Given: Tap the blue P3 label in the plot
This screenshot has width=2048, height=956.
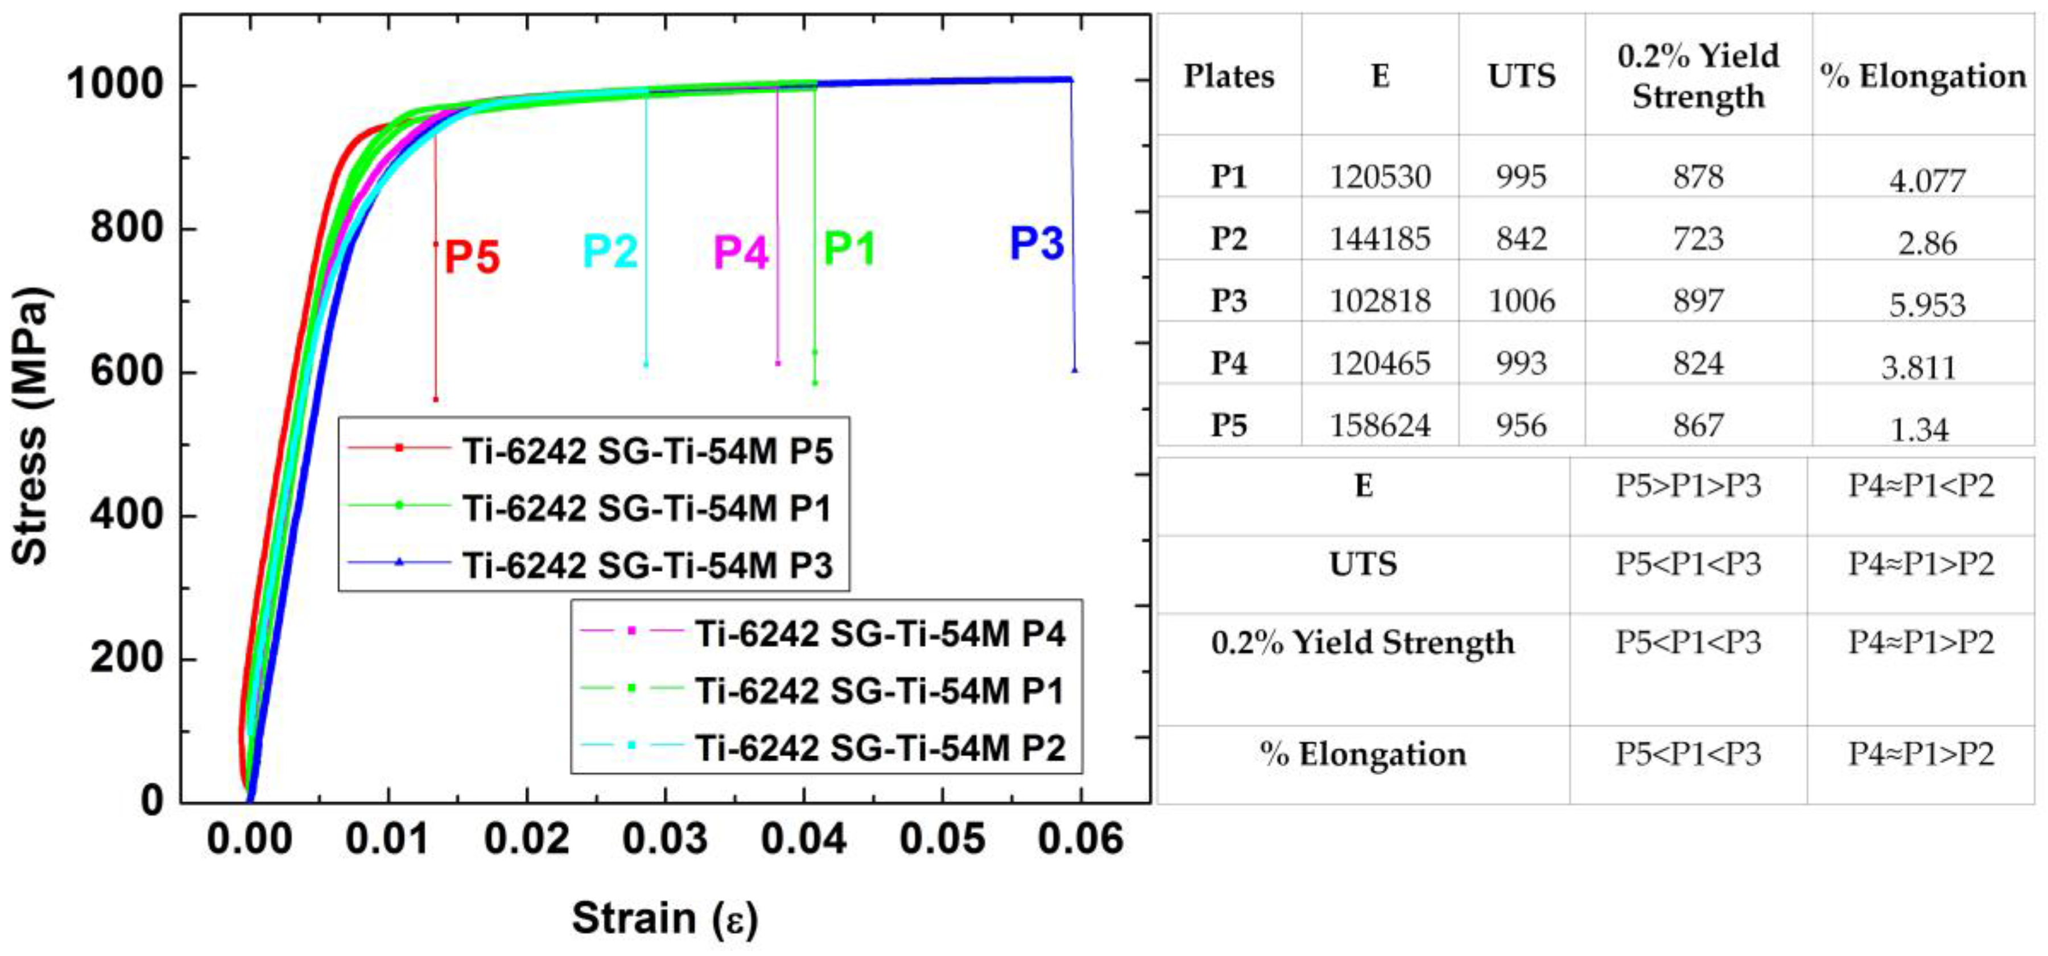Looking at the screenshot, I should click(1036, 244).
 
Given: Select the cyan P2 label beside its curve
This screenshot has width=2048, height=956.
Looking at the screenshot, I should click(610, 252).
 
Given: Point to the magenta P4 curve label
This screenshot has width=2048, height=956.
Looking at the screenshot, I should click(740, 252).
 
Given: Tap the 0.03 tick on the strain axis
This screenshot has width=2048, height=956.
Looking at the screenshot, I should click(664, 840).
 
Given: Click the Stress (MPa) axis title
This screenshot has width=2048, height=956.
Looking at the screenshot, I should click(30, 427).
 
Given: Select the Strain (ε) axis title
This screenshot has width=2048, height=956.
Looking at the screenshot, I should click(664, 918).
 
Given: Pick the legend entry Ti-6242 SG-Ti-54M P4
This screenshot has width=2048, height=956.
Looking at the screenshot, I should click(880, 634).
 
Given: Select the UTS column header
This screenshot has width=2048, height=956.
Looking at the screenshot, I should click(1521, 76).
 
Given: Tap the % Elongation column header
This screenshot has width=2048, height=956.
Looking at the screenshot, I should click(1922, 76).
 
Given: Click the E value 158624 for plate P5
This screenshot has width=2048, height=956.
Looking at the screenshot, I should click(1380, 426).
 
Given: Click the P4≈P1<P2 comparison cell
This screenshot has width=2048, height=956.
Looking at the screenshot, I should click(1921, 486).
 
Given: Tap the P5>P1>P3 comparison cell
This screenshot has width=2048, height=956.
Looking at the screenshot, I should click(1688, 486).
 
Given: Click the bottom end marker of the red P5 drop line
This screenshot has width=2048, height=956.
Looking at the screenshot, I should click(436, 399).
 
